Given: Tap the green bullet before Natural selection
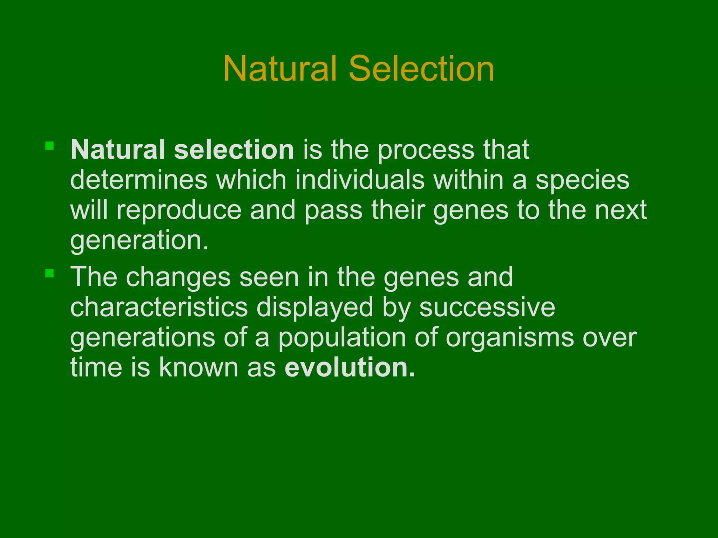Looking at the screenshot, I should [49, 146].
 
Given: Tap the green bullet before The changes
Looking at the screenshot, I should [49, 273].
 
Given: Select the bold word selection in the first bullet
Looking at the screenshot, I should [234, 150].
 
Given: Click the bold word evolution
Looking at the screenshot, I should [350, 367].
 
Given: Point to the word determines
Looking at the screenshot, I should [139, 180].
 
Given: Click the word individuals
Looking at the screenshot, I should [359, 180].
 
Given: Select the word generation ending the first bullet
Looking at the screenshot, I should [139, 241].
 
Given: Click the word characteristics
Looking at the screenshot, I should [159, 307].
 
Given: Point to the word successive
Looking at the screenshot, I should [487, 307].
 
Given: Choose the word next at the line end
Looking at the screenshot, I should [621, 210].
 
